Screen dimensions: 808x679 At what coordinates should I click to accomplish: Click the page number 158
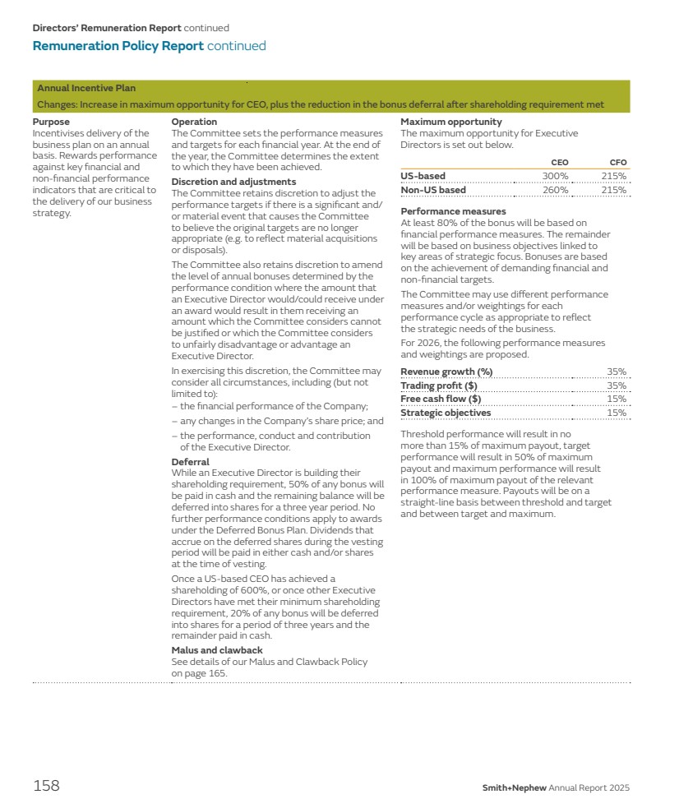pos(46,786)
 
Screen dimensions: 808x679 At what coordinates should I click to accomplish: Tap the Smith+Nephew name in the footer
pos(514,788)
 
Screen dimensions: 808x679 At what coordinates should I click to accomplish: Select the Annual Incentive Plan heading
pos(86,88)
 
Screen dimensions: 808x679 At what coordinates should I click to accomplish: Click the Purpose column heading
pos(51,122)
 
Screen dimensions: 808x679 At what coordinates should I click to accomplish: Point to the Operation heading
pos(194,122)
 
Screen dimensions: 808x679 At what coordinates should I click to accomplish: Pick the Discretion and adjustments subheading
pos(233,182)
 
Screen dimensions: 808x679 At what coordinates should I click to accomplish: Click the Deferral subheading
pos(190,462)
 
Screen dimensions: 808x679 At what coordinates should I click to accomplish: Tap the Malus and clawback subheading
pos(217,650)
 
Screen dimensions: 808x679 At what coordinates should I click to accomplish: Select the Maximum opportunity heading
pos(450,122)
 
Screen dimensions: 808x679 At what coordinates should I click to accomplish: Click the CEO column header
pos(559,163)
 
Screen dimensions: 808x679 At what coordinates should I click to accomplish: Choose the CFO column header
pos(617,163)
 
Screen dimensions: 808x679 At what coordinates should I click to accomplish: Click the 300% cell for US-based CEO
pos(556,176)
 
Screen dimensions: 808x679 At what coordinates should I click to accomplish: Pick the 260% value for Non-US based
pos(556,190)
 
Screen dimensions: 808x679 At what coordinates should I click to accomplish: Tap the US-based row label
pos(423,176)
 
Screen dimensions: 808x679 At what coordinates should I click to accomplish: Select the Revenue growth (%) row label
pos(446,372)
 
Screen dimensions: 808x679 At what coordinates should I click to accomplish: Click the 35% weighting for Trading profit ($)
pos(617,386)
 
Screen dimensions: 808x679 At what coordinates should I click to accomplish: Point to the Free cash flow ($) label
pos(441,399)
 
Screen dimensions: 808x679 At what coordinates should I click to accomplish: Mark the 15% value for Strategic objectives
pos(617,413)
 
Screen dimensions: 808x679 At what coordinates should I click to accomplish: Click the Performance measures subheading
pos(453,211)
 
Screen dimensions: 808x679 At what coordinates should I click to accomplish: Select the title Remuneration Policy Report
pos(118,46)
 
